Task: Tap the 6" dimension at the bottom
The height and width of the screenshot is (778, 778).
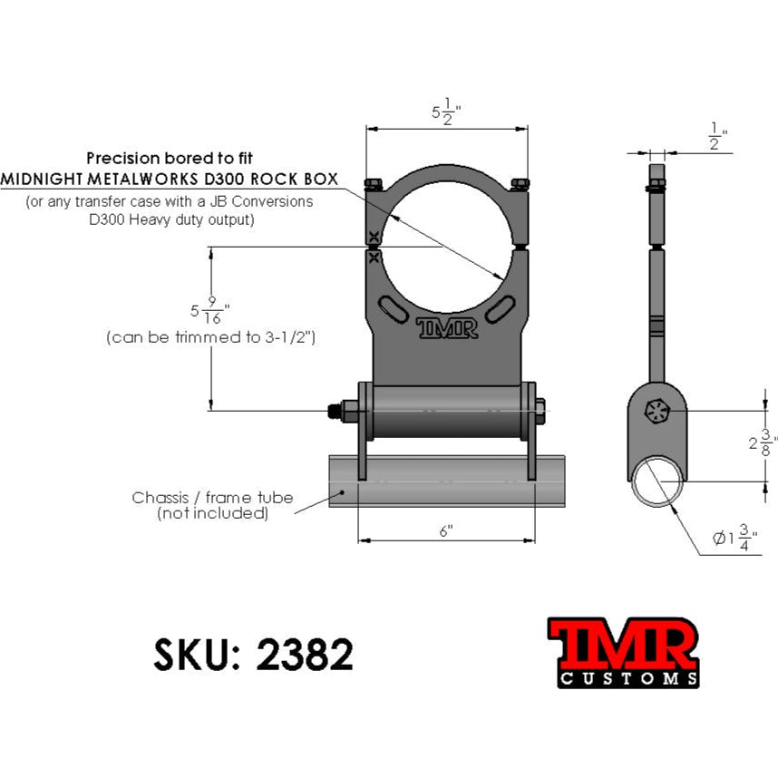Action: coord(446,531)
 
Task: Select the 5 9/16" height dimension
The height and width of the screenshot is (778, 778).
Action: coord(210,311)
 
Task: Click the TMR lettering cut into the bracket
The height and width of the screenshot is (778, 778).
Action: coord(446,327)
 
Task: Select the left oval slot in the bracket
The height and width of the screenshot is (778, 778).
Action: coord(393,309)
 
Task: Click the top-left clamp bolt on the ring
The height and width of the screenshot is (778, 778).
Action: coord(374,185)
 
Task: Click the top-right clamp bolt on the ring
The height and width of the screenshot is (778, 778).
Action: coord(520,185)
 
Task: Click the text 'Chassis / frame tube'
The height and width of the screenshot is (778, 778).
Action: coord(212,497)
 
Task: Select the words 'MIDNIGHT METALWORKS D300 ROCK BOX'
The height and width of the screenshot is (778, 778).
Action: coord(170,179)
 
